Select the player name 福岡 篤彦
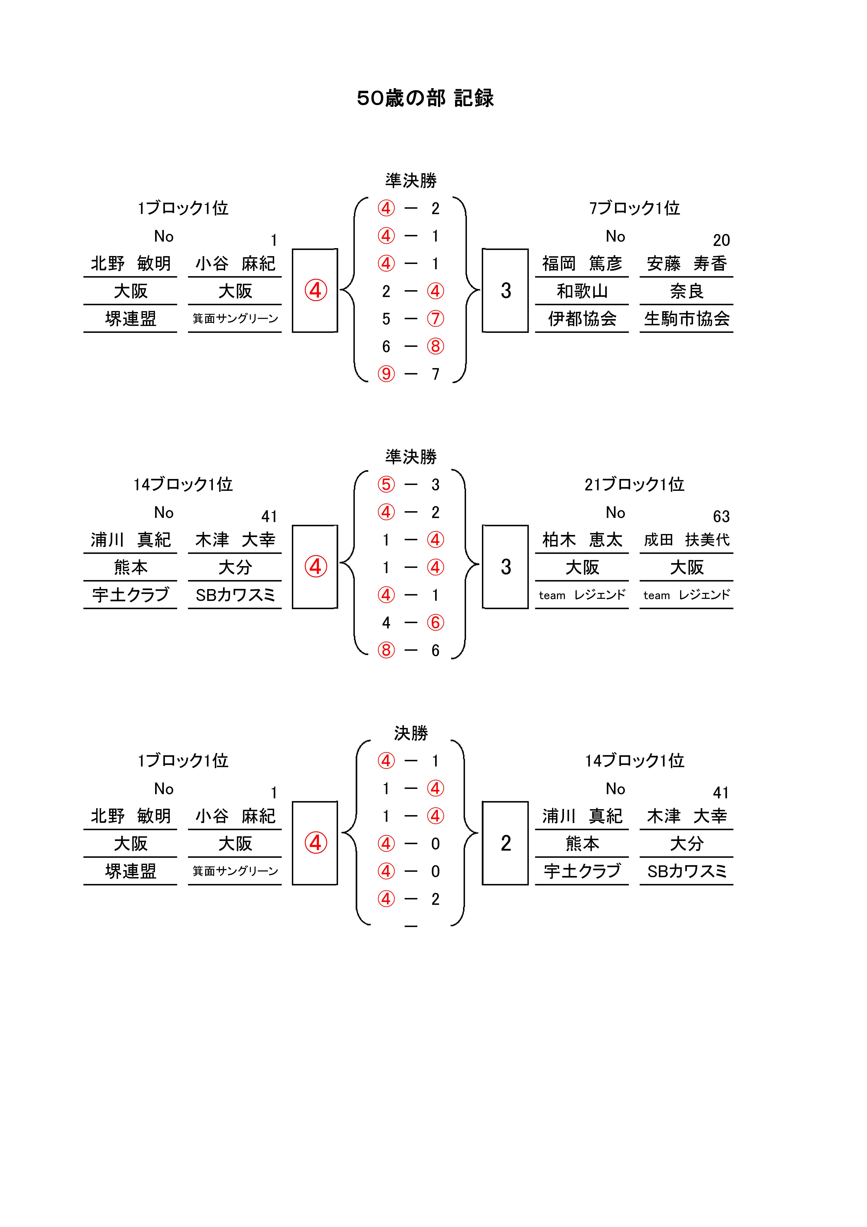coord(582,264)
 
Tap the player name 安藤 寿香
coord(687,264)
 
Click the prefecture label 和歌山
coord(582,291)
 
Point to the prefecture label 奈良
coord(687,291)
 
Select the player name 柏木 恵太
coord(582,540)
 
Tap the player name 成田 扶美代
coord(687,540)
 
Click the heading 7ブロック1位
coord(634,208)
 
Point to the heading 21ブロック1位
coord(634,484)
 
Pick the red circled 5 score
coord(386,485)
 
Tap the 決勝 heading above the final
coord(411,733)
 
